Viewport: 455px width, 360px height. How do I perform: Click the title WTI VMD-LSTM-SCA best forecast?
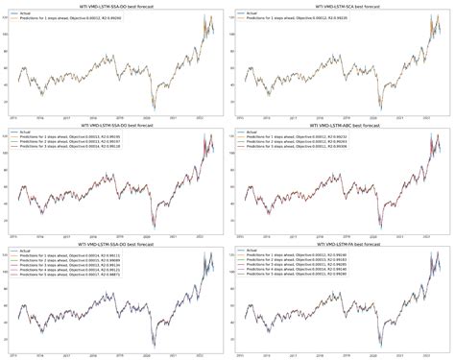[341, 5]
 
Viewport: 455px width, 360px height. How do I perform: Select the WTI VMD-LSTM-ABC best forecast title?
[341, 125]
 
